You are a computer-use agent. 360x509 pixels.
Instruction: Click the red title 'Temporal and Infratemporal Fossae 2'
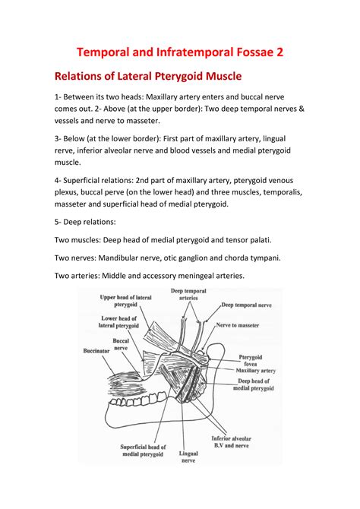(x=180, y=52)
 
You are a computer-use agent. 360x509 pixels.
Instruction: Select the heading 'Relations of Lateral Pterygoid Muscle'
(x=148, y=76)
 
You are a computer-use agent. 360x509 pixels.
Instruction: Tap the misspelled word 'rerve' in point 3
(x=63, y=151)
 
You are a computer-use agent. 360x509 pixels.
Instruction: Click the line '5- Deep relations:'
(x=85, y=222)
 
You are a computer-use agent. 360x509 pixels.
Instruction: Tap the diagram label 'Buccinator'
(x=96, y=351)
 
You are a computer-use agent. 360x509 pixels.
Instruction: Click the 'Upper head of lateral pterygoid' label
(x=125, y=301)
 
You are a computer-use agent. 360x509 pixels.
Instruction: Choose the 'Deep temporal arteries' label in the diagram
(x=188, y=294)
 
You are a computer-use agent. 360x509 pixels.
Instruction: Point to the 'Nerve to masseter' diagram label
(x=238, y=325)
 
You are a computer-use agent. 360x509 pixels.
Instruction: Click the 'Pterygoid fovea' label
(x=251, y=361)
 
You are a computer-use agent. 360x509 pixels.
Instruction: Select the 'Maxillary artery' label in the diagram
(x=255, y=371)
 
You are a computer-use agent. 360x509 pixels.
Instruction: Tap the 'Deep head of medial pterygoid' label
(x=254, y=384)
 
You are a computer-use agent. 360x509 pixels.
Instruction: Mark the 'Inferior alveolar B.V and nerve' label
(x=231, y=442)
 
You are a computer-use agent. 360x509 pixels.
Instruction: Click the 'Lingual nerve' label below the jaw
(x=188, y=457)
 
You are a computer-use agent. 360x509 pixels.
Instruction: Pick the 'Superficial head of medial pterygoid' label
(x=143, y=451)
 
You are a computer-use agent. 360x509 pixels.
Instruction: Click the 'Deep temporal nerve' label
(x=246, y=305)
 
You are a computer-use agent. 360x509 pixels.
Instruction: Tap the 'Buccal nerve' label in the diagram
(x=121, y=344)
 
